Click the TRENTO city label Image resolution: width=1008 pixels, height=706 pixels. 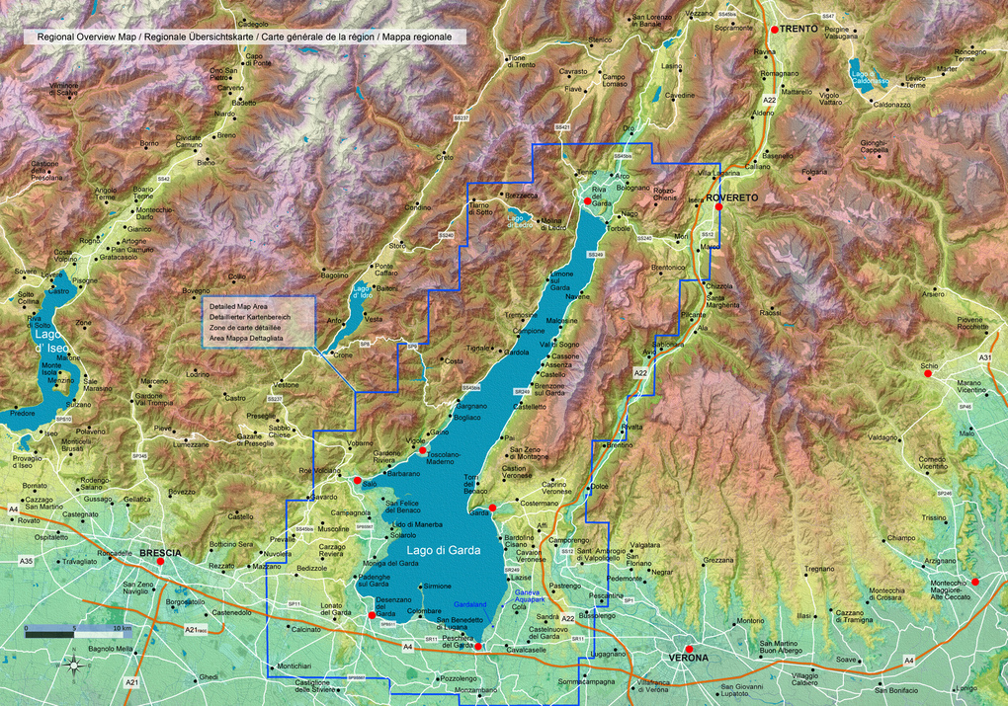coord(798,30)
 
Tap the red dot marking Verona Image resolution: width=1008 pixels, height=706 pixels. coord(690,650)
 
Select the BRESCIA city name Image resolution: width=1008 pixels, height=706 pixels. coord(160,553)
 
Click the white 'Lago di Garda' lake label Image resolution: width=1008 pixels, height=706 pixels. coord(443,551)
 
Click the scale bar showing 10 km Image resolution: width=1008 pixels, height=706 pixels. coord(70,630)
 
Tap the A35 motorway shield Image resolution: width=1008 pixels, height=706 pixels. coord(26,561)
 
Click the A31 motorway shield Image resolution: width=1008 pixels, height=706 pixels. coord(984,356)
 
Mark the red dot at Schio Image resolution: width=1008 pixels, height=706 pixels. coord(928,374)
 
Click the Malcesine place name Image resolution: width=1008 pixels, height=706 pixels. coord(561,321)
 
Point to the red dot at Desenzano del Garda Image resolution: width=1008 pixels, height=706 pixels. coord(372,615)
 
